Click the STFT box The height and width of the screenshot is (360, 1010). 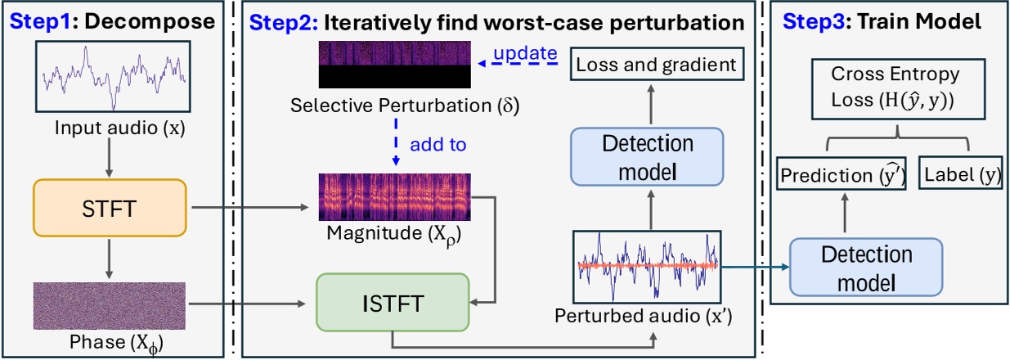pos(110,209)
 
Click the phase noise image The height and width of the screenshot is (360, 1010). pos(110,305)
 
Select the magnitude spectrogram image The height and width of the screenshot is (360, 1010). pos(395,196)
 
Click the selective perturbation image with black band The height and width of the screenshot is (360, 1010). pos(395,64)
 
